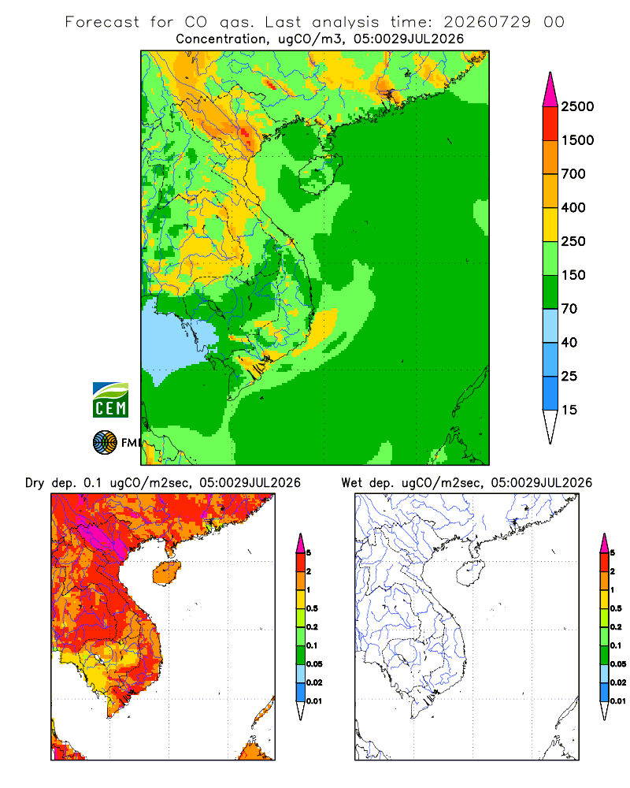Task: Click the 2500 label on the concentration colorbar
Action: pos(577,106)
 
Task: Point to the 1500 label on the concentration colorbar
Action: pos(577,140)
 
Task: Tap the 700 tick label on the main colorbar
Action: pos(573,174)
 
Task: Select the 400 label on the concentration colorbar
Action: pos(573,207)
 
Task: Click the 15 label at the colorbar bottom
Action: pos(569,410)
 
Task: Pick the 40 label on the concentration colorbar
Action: pos(569,343)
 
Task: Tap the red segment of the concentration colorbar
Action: pos(550,124)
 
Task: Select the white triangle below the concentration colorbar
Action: pos(550,426)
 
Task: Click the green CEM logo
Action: pos(110,400)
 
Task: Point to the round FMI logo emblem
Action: pos(105,443)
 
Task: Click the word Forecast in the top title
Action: pos(102,22)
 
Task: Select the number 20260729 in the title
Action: pos(487,22)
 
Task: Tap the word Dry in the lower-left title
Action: pos(35,484)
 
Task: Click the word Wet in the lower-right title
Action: pos(352,483)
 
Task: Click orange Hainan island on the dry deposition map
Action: pos(166,572)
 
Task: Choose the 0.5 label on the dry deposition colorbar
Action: pos(313,608)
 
